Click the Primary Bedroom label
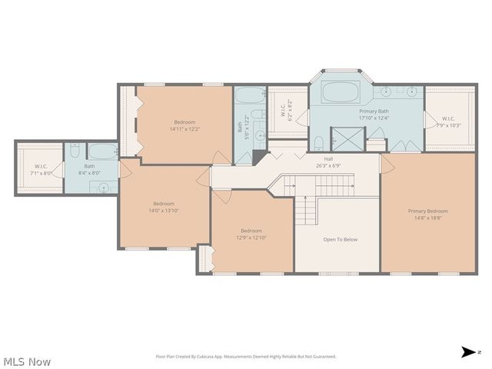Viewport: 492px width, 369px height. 427,211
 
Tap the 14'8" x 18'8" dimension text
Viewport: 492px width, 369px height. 427,218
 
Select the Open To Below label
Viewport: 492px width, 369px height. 340,239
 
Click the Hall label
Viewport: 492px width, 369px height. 328,158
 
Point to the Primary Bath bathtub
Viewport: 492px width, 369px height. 340,92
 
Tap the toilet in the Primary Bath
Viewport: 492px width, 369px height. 318,141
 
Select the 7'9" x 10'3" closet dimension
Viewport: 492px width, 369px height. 448,125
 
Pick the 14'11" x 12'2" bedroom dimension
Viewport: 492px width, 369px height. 184,129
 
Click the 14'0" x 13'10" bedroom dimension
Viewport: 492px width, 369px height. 163,211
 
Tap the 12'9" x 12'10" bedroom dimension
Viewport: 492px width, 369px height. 251,238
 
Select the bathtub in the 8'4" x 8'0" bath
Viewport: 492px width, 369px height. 101,150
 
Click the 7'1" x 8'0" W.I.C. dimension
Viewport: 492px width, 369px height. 41,173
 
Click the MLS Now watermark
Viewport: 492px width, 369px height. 28,361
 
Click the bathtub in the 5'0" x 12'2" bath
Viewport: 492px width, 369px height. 248,97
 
